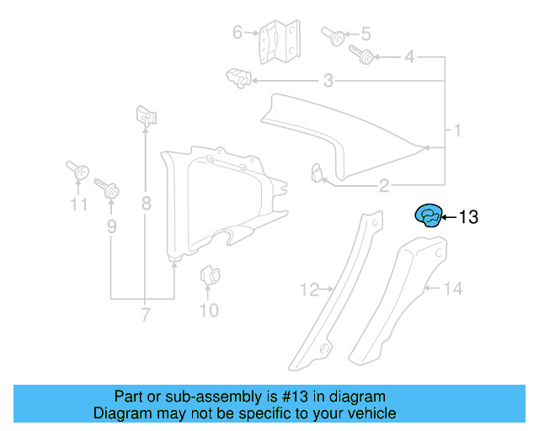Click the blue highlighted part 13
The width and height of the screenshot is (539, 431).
[x=429, y=216]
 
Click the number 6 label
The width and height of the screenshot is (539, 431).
[x=237, y=33]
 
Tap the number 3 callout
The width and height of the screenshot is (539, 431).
[x=328, y=81]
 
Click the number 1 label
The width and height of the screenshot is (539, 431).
[x=457, y=131]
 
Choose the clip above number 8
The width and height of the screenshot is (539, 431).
[x=146, y=116]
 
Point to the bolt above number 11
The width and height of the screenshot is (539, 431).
[x=77, y=171]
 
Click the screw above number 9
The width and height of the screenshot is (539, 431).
[x=107, y=188]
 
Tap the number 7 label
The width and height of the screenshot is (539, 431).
[x=146, y=316]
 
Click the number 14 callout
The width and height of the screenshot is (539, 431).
[x=453, y=290]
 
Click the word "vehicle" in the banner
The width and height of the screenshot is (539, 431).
[x=368, y=413]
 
